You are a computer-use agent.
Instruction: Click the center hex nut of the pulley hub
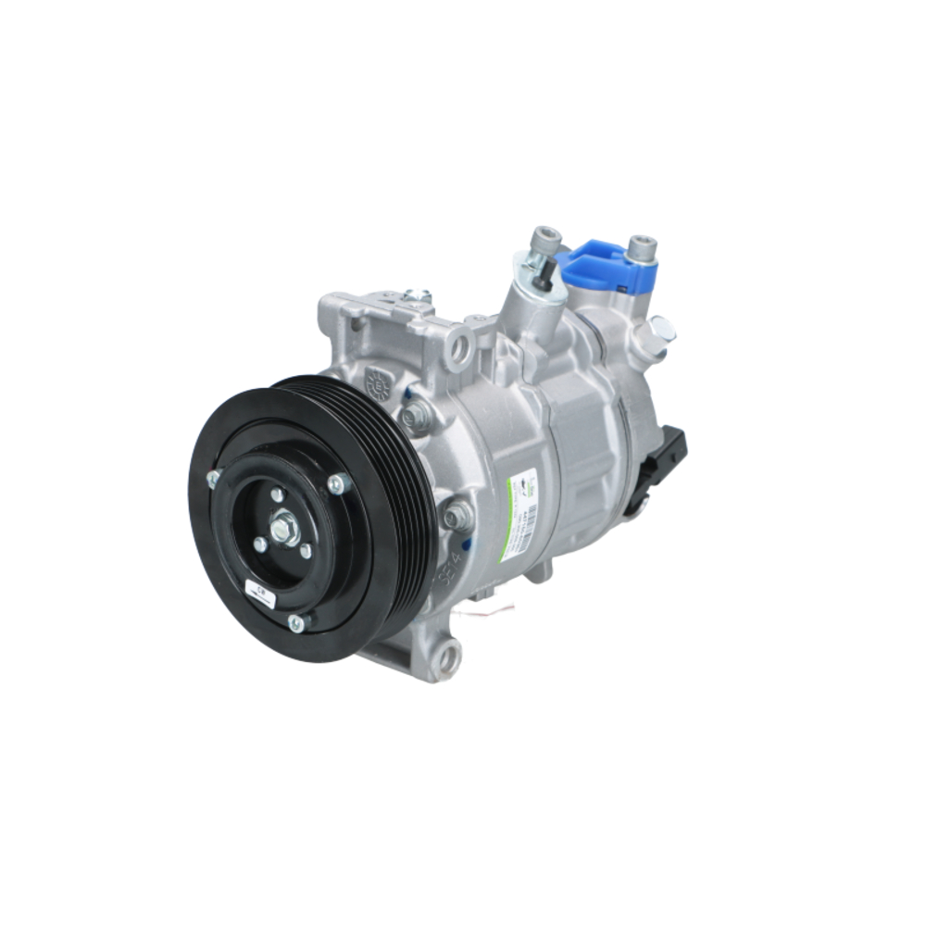(x=282, y=529)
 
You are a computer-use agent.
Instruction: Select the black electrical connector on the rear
(x=663, y=469)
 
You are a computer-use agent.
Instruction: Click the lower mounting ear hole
(x=446, y=657)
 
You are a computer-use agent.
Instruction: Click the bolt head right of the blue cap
(x=641, y=247)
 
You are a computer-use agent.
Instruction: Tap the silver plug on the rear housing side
(x=661, y=329)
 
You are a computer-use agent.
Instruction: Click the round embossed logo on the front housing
(x=379, y=382)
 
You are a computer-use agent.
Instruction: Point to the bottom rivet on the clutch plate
(x=295, y=623)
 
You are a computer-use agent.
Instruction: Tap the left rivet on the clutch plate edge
(x=213, y=478)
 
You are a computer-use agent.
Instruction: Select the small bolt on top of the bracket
(x=417, y=297)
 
